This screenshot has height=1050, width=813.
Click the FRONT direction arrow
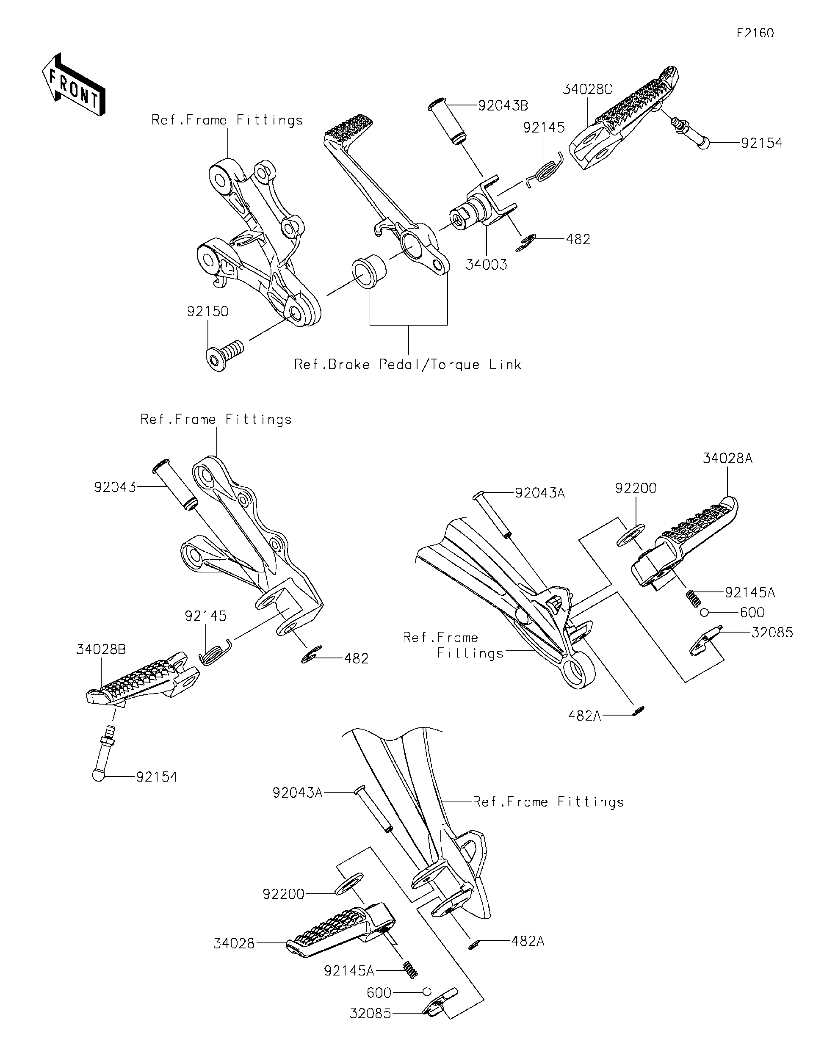click(x=73, y=85)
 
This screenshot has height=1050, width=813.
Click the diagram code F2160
click(x=755, y=33)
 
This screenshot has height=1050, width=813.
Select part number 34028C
click(x=587, y=89)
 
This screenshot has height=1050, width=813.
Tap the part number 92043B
click(x=503, y=106)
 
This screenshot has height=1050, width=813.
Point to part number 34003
click(x=486, y=265)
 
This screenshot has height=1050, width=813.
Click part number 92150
click(x=208, y=312)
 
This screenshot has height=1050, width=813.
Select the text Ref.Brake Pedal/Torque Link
click(x=408, y=365)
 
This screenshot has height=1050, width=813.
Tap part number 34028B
click(x=101, y=649)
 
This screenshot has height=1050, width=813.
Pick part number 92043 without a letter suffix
click(x=114, y=487)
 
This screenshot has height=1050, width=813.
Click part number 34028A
click(x=727, y=459)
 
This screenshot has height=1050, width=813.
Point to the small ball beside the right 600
click(x=704, y=612)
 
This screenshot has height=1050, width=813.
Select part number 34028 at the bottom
click(x=234, y=944)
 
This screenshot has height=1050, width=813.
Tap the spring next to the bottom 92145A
click(x=409, y=969)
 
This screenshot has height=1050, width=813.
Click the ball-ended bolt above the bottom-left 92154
click(x=103, y=757)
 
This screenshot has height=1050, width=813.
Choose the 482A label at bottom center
click(x=528, y=941)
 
